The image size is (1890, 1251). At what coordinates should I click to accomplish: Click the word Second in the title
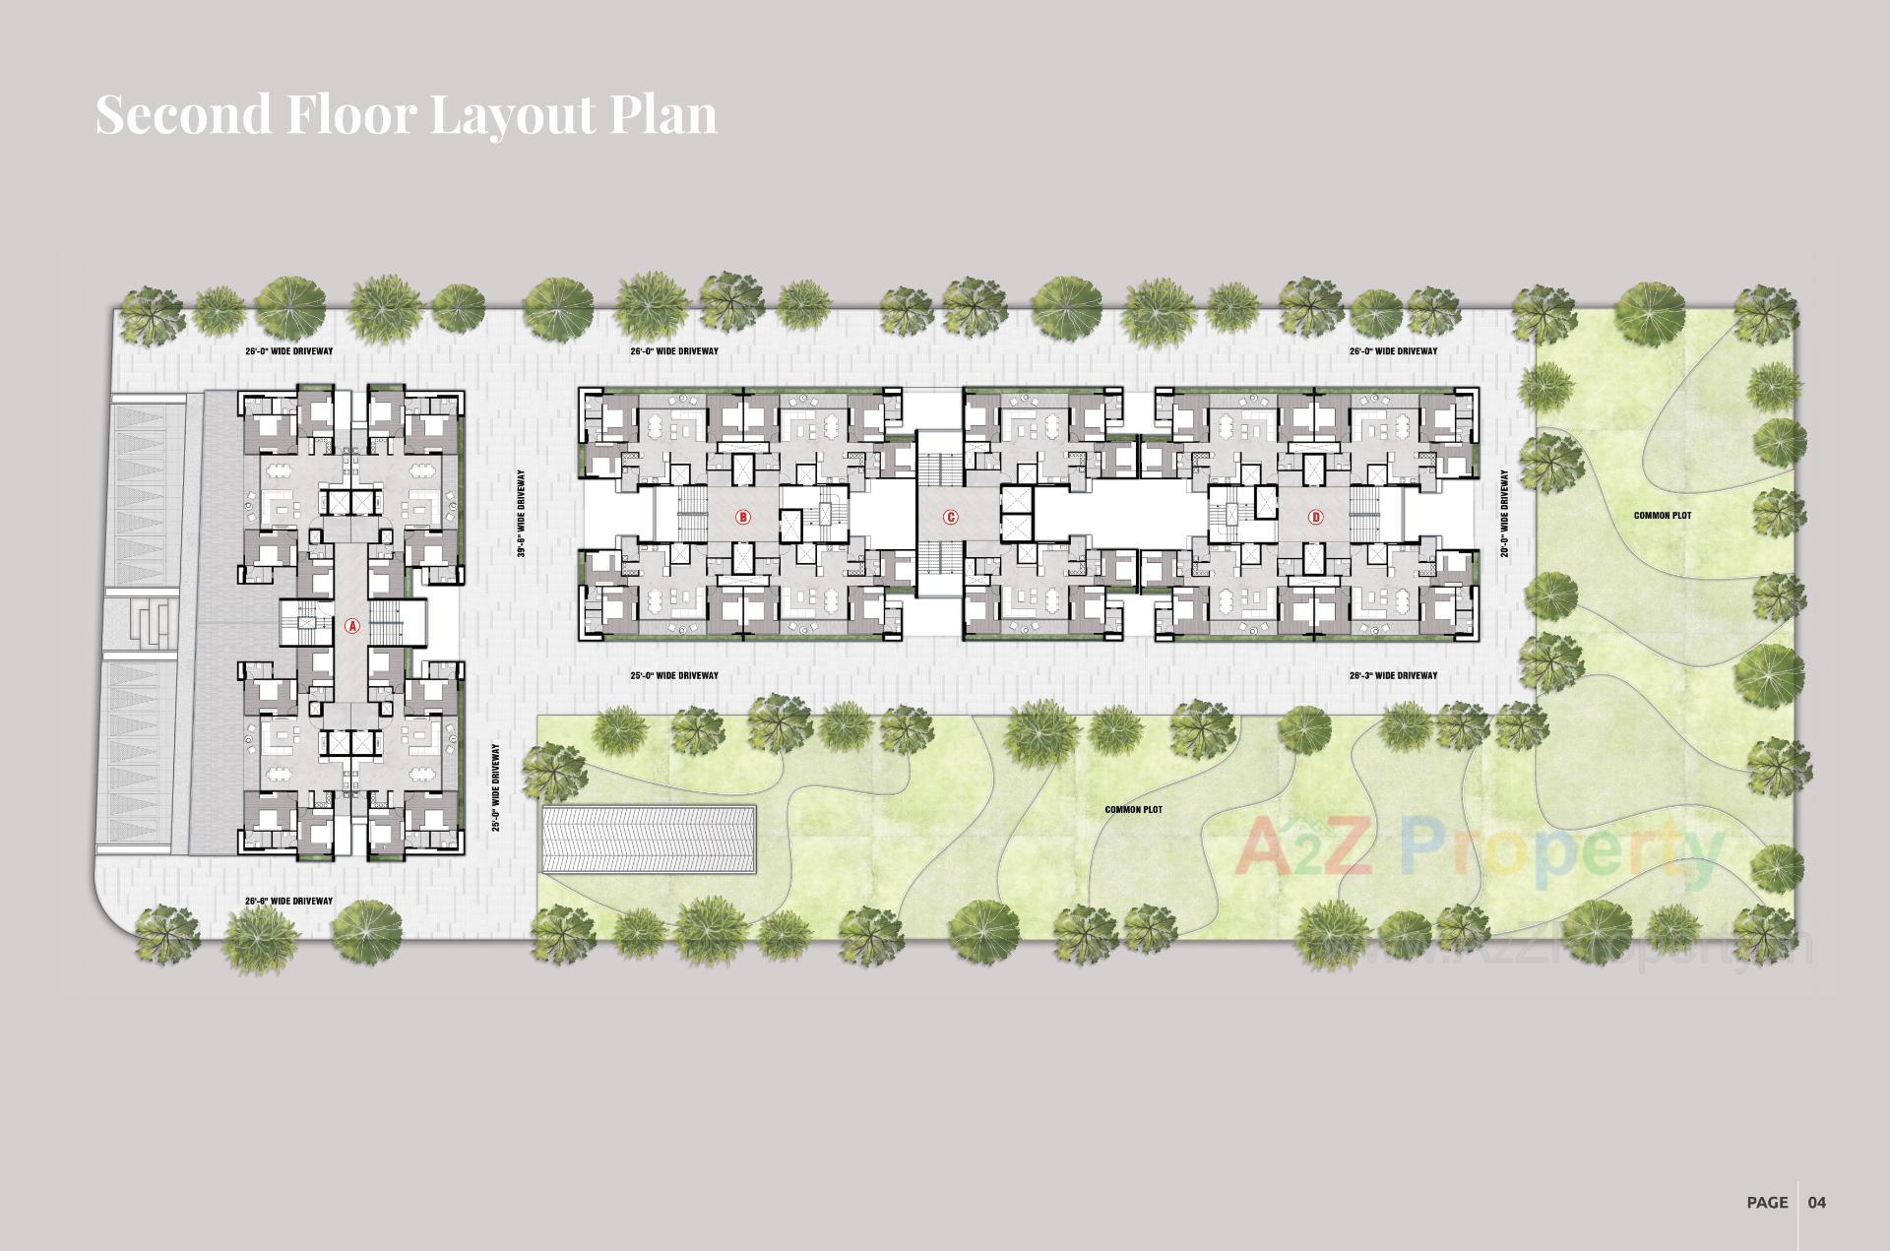[183, 114]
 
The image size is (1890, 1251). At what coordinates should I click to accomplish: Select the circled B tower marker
[743, 517]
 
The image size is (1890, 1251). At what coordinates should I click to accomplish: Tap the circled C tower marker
[950, 517]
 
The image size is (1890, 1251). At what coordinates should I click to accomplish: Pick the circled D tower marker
[1316, 517]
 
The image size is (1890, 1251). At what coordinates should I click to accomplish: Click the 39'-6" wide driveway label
[521, 514]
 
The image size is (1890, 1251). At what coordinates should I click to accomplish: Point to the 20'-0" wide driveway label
[1504, 514]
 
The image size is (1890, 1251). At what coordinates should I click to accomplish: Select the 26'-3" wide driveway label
[1393, 675]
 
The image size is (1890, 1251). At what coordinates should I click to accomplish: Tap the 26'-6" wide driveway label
[289, 901]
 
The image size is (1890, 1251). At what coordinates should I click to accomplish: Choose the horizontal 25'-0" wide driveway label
[674, 675]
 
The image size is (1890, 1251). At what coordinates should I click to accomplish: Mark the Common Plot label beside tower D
[1663, 516]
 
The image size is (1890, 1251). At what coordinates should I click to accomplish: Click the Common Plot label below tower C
[1133, 810]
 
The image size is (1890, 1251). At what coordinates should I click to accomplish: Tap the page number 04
[1816, 1202]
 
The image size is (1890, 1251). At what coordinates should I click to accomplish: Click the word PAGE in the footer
[1767, 1202]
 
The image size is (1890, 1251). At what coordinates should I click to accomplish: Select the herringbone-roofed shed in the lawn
[650, 838]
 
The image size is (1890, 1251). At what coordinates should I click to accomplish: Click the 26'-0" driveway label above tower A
[289, 350]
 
